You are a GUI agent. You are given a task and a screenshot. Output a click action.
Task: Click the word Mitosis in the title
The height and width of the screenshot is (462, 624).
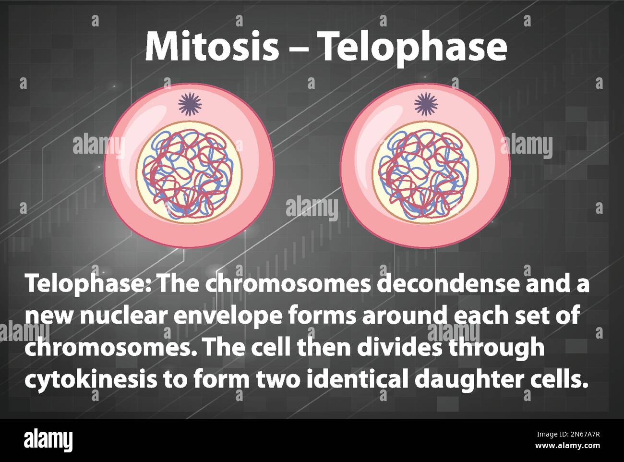[x=212, y=47]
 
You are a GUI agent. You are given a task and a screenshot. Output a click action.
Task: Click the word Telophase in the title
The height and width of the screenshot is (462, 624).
[x=413, y=48]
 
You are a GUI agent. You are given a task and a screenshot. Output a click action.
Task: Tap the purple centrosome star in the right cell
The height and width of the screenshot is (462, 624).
[x=426, y=104]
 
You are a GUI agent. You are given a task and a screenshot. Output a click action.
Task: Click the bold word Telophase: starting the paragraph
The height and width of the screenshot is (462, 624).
[x=88, y=284]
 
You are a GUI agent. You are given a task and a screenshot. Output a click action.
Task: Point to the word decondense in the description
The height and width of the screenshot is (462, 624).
[x=449, y=284]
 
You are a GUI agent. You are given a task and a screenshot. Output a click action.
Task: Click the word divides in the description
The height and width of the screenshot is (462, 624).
[x=405, y=347]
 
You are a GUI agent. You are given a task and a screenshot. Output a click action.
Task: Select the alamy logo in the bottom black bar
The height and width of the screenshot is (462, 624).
[x=48, y=440]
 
